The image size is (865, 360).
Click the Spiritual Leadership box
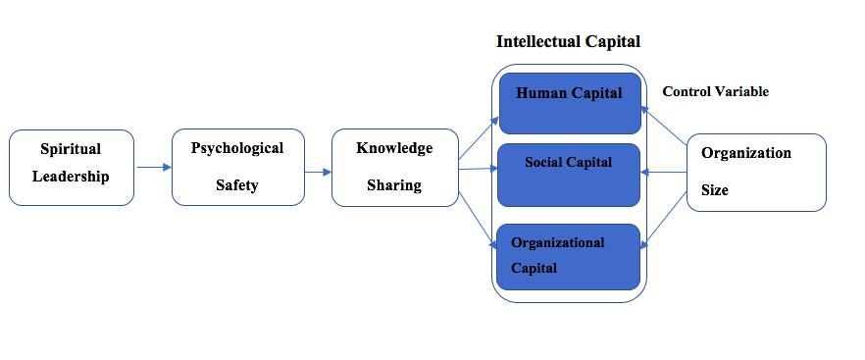(x=72, y=168)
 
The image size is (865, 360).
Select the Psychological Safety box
(x=237, y=168)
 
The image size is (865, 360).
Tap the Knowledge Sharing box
(x=395, y=168)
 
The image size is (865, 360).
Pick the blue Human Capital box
(x=570, y=103)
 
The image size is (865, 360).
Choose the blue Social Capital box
(x=569, y=175)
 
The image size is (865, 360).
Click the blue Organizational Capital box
(x=568, y=257)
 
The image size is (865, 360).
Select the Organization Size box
(x=756, y=173)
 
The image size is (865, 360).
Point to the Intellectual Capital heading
(x=568, y=41)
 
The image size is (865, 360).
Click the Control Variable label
(x=716, y=91)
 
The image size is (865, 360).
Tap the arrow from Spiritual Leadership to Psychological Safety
(x=154, y=167)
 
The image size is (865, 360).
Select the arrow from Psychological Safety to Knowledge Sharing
(x=318, y=173)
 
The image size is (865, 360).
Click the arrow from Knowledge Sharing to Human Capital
(x=479, y=138)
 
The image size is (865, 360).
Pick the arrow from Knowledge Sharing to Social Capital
(x=479, y=169)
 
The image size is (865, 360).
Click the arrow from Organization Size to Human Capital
(x=664, y=127)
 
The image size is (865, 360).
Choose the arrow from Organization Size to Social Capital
(x=664, y=173)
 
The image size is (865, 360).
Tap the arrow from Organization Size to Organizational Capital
(x=664, y=219)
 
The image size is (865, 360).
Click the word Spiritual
(x=71, y=149)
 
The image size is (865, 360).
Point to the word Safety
(x=237, y=185)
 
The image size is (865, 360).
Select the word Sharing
(x=394, y=185)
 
